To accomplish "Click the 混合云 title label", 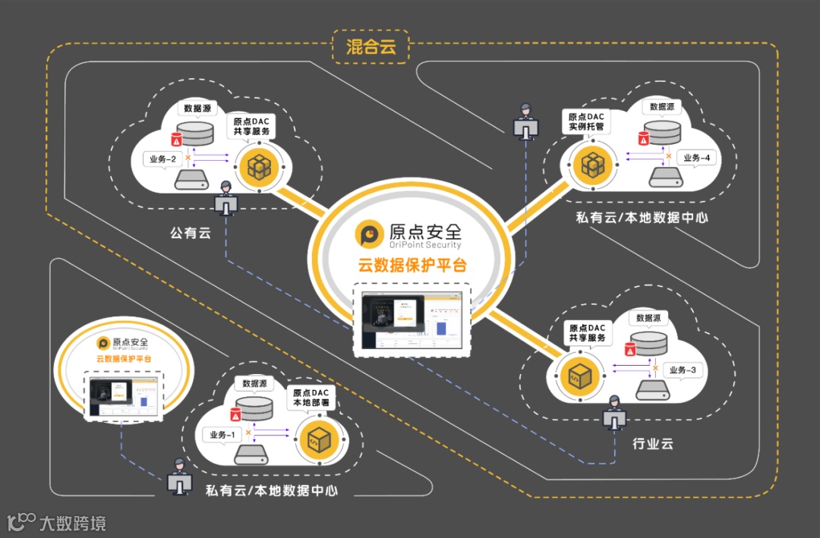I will tap(371, 46).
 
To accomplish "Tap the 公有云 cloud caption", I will tap(190, 233).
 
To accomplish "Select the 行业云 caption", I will tap(653, 443).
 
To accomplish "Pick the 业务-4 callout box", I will tap(696, 158).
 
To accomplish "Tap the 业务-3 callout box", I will tap(683, 370).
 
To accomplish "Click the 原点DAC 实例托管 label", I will tap(587, 122).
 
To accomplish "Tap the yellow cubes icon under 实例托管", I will tap(591, 163).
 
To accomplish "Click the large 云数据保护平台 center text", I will tap(412, 266).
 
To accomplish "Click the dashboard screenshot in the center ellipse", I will tap(412, 319).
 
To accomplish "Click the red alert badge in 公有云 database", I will tap(176, 140).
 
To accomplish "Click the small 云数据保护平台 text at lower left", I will tap(123, 358).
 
